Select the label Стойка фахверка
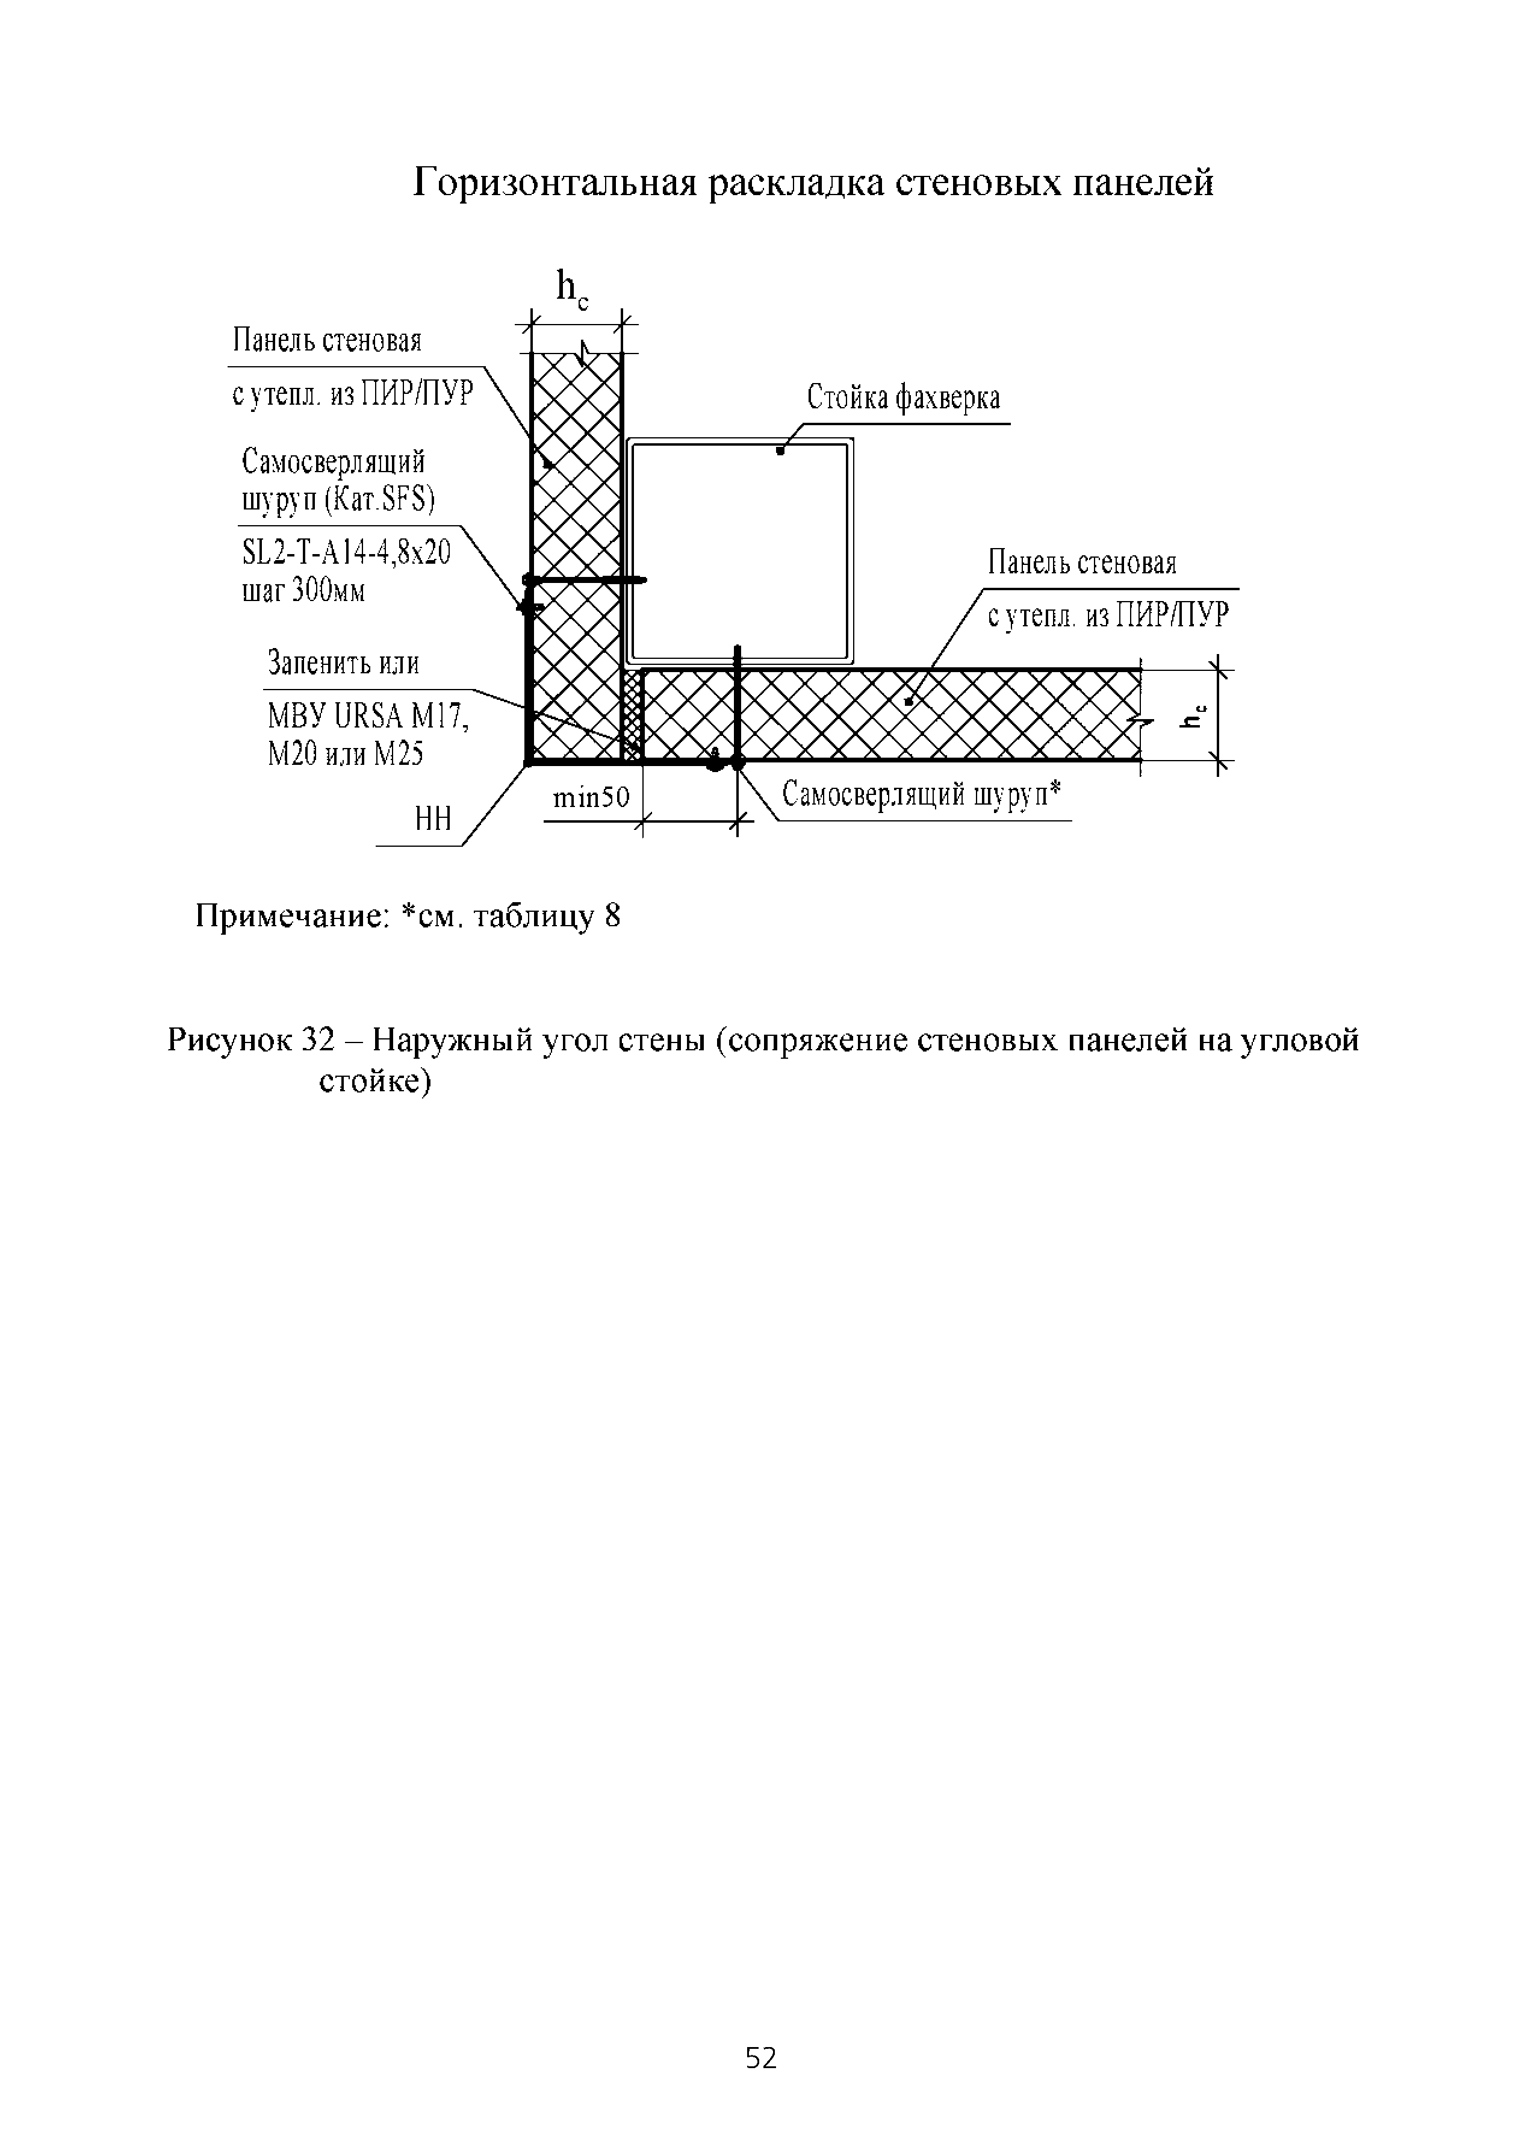pyautogui.click(x=904, y=399)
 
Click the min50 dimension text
pyautogui.click(x=591, y=799)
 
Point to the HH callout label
pyautogui.click(x=433, y=819)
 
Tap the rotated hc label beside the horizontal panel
pyautogui.click(x=1192, y=715)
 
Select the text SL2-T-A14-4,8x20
pyautogui.click(x=346, y=553)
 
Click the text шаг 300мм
pyautogui.click(x=303, y=591)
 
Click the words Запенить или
pyautogui.click(x=343, y=664)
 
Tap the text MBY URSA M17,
pyautogui.click(x=367, y=717)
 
